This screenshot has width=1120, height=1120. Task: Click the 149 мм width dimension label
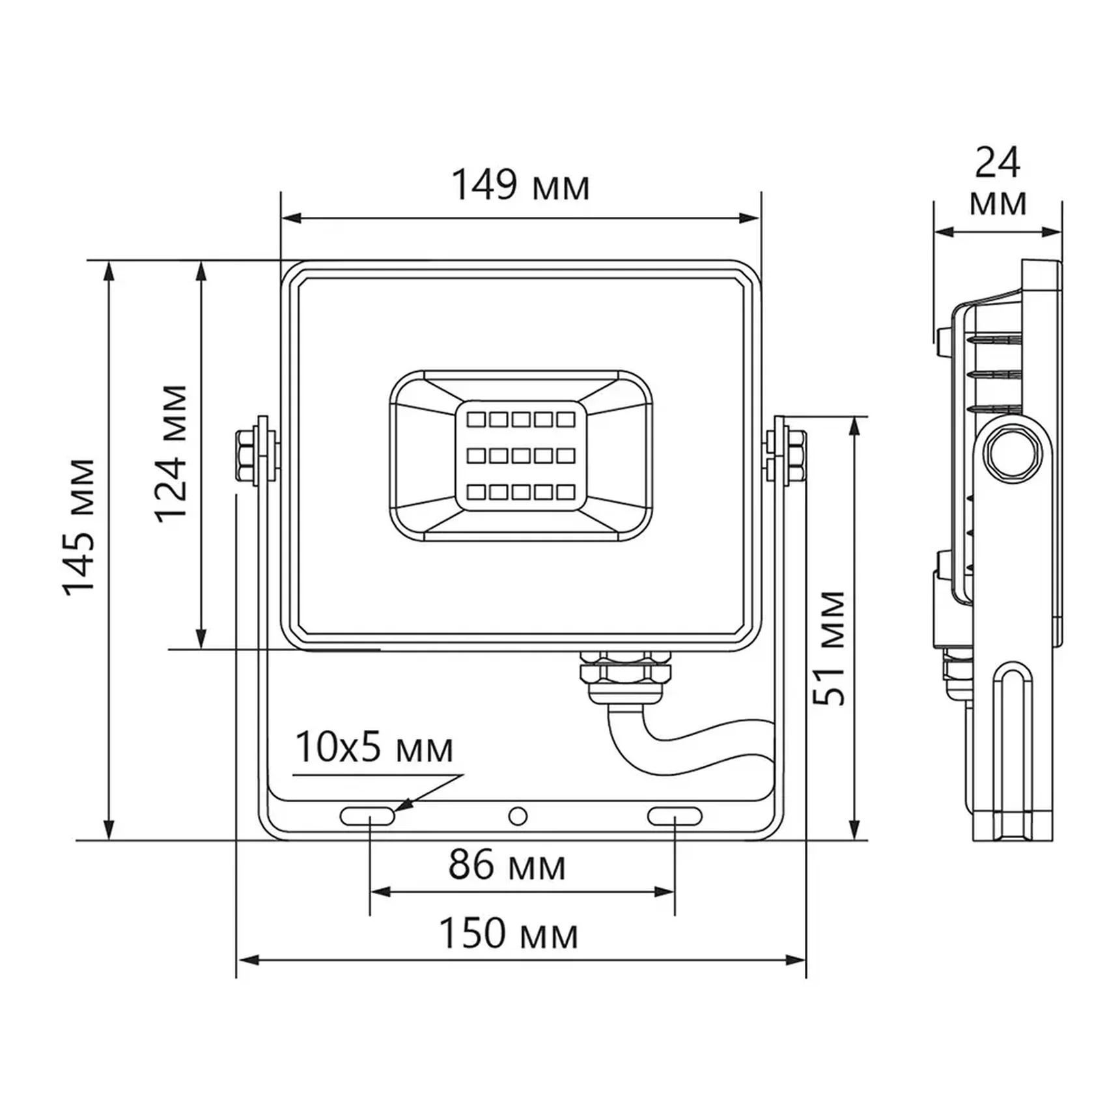click(x=520, y=186)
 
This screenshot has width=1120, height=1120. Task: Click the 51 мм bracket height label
click(x=830, y=648)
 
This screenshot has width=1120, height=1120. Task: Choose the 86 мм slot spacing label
click(x=507, y=866)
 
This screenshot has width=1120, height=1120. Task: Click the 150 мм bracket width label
click(x=509, y=934)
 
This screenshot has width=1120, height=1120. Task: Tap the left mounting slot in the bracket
click(x=367, y=816)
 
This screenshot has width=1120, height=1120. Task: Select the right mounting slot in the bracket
click(x=675, y=816)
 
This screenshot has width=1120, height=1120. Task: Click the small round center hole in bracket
click(x=518, y=816)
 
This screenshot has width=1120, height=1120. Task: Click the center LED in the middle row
click(x=520, y=456)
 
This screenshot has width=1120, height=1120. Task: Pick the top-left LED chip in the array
click(x=476, y=420)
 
